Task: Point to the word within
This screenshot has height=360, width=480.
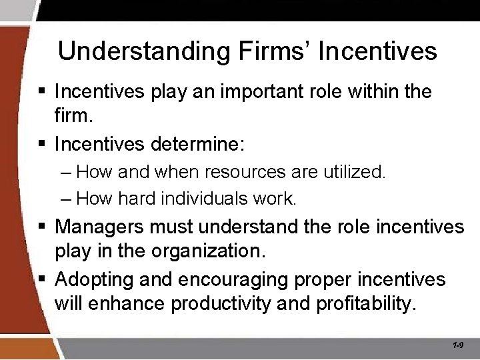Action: [x=370, y=91]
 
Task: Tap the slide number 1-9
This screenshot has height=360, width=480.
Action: [x=458, y=345]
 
